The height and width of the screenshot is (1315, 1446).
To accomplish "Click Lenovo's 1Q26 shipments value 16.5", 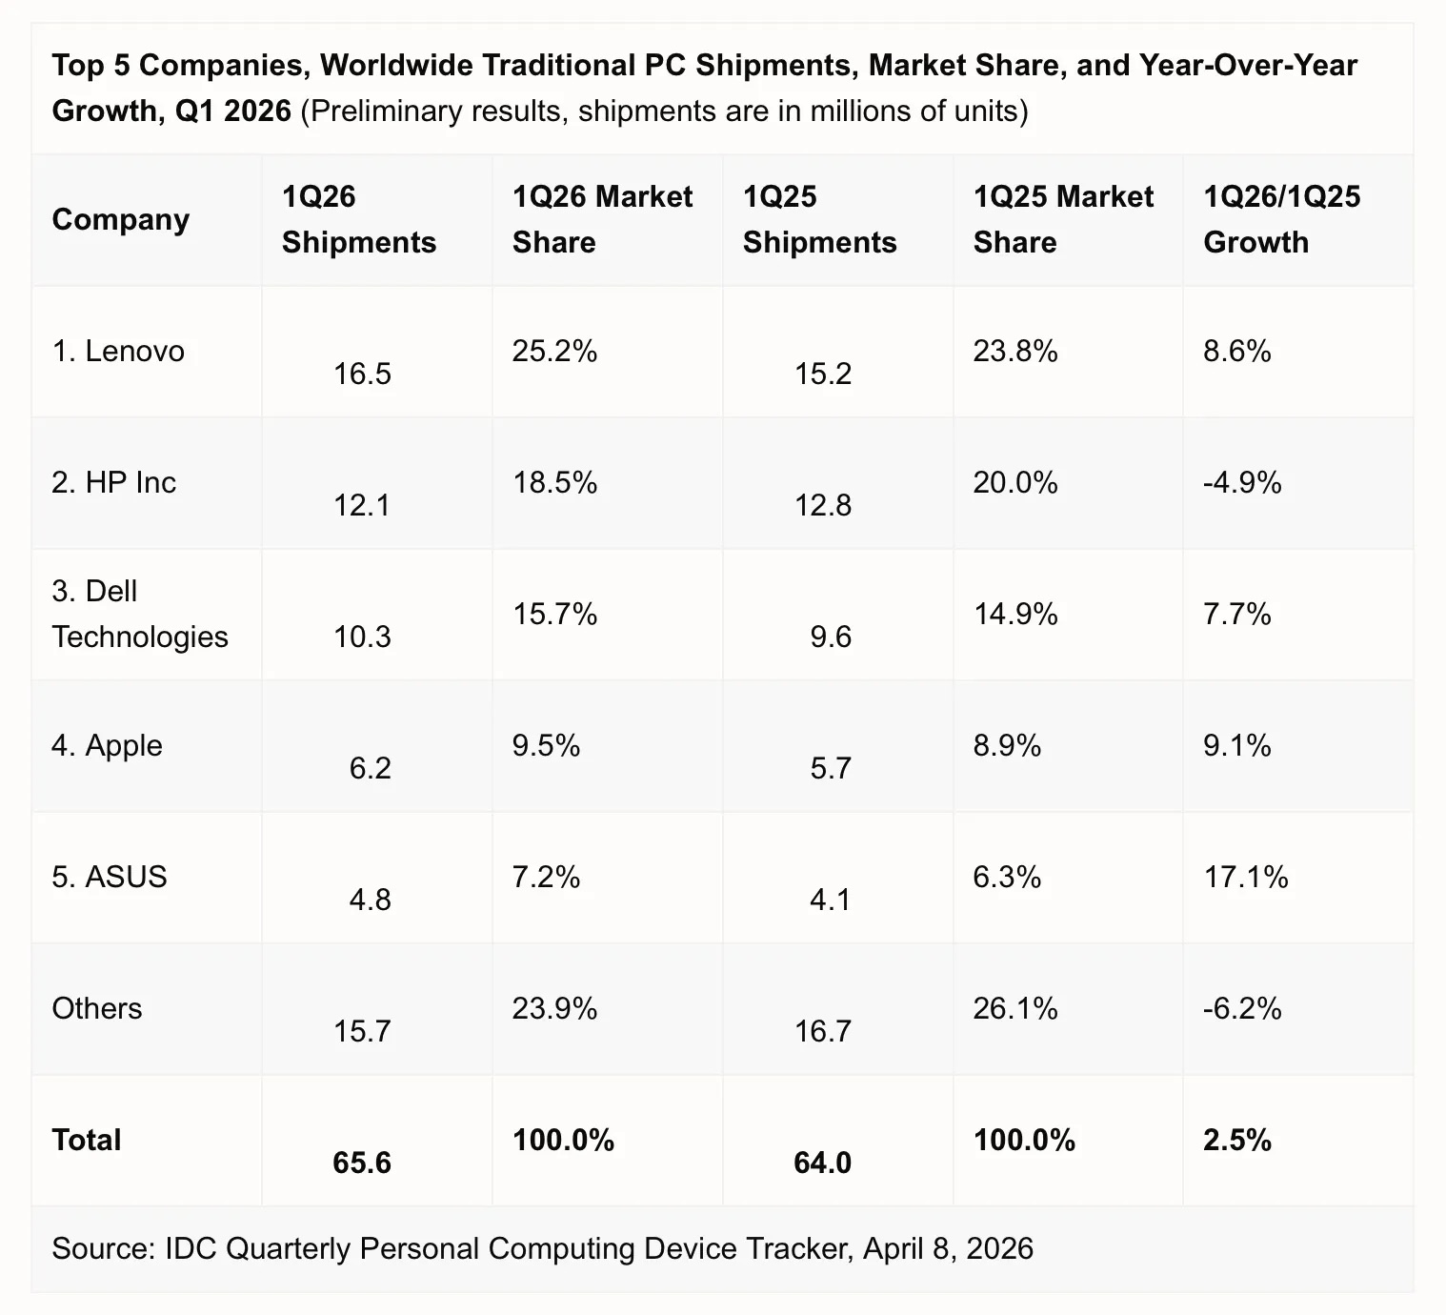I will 362,374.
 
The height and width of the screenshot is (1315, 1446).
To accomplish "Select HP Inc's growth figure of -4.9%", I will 1242,483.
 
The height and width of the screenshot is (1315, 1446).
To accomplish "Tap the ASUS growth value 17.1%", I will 1246,877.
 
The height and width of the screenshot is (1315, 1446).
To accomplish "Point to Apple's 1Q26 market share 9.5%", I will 546,745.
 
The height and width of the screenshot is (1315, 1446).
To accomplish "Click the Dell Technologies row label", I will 139,614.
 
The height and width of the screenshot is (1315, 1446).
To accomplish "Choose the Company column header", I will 120,219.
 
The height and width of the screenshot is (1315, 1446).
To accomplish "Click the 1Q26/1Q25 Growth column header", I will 1281,219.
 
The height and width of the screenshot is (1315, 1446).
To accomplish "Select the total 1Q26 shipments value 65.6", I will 362,1163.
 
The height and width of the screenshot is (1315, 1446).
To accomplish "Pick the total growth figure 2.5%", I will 1236,1140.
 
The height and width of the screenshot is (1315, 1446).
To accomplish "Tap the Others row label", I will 96,1008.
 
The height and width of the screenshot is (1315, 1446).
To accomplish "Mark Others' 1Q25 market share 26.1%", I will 1015,1008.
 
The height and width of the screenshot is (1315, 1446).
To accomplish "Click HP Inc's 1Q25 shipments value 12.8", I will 823,505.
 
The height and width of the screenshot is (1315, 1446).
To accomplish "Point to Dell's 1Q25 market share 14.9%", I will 1015,614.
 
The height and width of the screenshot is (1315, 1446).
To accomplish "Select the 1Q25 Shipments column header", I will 819,219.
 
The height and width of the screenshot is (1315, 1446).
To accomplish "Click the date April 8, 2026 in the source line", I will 948,1248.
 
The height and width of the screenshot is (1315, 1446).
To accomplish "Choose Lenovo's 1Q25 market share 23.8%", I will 1015,352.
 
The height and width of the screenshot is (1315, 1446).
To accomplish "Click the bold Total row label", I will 86,1140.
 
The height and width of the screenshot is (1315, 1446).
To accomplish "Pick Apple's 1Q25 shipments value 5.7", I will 831,768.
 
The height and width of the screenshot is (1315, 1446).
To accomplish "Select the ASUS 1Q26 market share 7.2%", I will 546,877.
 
